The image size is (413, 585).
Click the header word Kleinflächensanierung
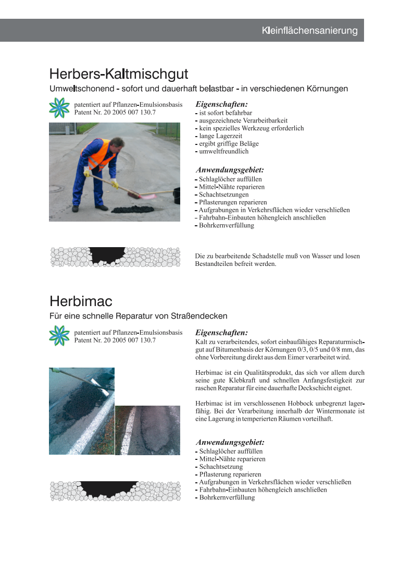click(x=309, y=31)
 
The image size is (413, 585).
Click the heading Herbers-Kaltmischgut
click(x=119, y=74)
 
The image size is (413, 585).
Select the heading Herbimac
click(x=81, y=301)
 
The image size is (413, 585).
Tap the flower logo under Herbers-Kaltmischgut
click(x=59, y=107)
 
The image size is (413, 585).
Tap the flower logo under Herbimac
click(x=59, y=335)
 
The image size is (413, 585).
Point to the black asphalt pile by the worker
click(x=133, y=209)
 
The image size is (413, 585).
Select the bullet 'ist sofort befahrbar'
click(x=226, y=113)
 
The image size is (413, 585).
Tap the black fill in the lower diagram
click(x=109, y=488)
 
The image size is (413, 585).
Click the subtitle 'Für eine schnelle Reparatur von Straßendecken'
click(x=139, y=316)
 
